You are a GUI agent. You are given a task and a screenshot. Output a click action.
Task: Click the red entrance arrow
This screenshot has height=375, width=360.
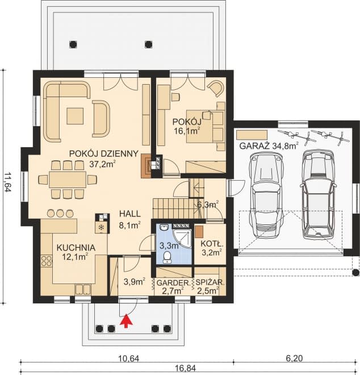(126, 320)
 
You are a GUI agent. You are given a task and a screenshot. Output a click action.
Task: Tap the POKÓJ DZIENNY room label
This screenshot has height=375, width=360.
(104, 153)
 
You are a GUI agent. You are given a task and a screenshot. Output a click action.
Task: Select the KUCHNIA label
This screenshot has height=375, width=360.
(76, 248)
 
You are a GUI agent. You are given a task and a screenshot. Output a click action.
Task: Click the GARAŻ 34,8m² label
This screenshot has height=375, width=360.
(269, 146)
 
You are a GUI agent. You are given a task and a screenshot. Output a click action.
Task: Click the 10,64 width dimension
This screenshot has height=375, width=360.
(129, 358)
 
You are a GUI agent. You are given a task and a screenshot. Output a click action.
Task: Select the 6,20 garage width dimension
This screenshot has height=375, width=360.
(294, 358)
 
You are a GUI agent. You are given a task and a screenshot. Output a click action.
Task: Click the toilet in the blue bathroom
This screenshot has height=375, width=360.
(167, 257)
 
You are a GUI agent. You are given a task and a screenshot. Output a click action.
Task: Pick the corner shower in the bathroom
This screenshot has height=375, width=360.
(182, 236)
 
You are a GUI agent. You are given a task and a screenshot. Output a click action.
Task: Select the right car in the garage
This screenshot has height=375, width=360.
(319, 194)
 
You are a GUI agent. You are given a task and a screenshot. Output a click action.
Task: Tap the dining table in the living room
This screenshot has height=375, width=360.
(68, 180)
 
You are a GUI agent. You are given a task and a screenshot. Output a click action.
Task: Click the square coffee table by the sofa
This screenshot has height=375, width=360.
(75, 116)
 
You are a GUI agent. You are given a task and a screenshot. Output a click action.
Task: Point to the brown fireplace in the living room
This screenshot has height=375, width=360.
(146, 166)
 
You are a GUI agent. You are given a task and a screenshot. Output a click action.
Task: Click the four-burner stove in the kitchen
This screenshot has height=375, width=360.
(47, 261)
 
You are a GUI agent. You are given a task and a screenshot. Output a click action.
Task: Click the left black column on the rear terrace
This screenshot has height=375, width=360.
(73, 44)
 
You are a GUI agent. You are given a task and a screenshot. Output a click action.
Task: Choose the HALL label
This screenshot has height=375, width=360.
(130, 214)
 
